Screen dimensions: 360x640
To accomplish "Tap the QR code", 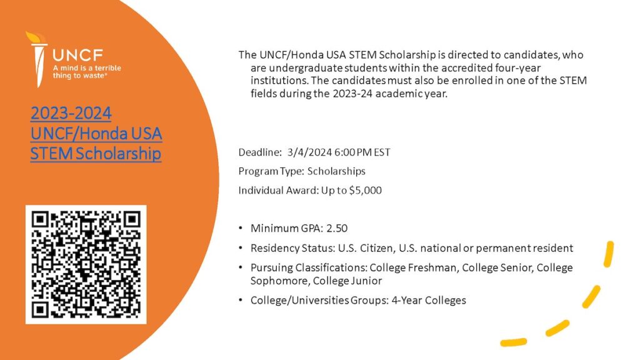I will (x=86, y=264).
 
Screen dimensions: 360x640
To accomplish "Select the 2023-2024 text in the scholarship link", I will (x=71, y=113).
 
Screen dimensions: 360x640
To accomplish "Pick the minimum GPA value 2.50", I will (x=332, y=229).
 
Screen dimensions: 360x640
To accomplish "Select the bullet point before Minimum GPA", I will (x=241, y=229).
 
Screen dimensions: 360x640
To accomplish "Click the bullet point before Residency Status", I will (x=241, y=248).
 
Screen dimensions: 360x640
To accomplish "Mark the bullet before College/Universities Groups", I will (x=241, y=301).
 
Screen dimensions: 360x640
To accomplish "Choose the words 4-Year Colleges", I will (x=428, y=301).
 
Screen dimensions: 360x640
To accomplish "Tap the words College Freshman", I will (x=406, y=267).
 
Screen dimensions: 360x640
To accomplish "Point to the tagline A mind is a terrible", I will (x=87, y=68).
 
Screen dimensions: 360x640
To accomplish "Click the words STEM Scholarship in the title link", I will (x=95, y=153).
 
